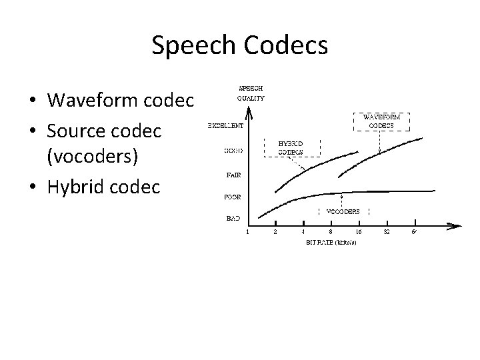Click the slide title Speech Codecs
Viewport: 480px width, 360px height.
pos(239,45)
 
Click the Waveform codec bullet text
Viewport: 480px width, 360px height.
pos(121,100)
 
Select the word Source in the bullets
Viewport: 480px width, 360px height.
pos(76,131)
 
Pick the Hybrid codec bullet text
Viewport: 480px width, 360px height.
pos(103,187)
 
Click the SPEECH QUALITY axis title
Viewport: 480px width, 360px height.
pos(250,93)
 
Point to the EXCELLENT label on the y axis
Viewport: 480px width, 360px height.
pos(225,125)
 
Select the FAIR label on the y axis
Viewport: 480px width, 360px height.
pos(233,175)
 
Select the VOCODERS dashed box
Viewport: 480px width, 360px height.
pos(343,211)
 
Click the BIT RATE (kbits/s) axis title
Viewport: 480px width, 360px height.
pos(331,243)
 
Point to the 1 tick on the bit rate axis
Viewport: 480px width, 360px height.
pos(248,233)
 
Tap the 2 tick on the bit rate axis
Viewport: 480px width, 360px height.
pos(275,233)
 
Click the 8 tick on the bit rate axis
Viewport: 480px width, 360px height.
pos(331,233)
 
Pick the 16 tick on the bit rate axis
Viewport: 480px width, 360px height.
pos(359,233)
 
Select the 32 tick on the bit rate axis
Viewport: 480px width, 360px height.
pos(386,233)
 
